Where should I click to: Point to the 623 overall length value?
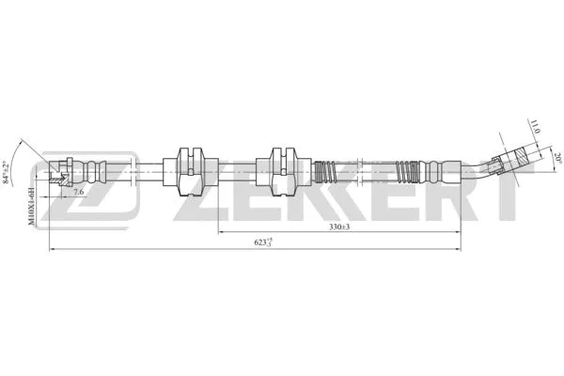point(264,243)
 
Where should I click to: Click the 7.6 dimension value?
point(78,192)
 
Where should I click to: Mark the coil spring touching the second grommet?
point(325,173)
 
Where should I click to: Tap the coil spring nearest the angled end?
point(407,173)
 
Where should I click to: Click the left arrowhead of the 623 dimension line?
point(52,249)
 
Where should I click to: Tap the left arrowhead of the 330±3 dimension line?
point(223,230)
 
